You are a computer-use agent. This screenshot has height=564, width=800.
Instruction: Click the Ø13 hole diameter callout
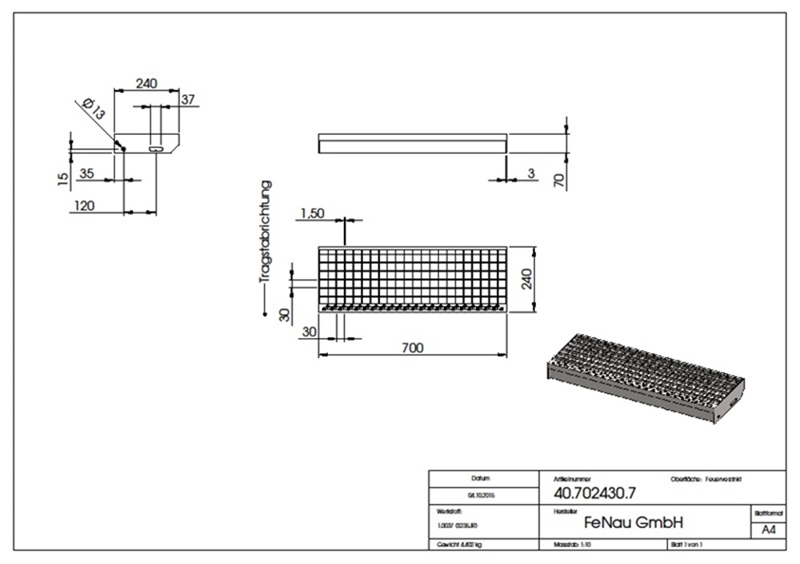pos(93,109)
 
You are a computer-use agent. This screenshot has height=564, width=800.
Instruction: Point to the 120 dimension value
pos(83,206)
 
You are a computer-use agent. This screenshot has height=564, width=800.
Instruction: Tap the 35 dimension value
pos(87,173)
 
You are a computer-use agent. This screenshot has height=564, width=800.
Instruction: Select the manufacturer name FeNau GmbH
pos(634,522)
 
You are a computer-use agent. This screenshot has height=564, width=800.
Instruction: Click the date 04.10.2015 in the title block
pos(480,495)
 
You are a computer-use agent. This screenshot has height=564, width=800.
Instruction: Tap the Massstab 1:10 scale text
pos(574,545)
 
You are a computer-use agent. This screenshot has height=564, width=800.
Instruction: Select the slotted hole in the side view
pos(158,149)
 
